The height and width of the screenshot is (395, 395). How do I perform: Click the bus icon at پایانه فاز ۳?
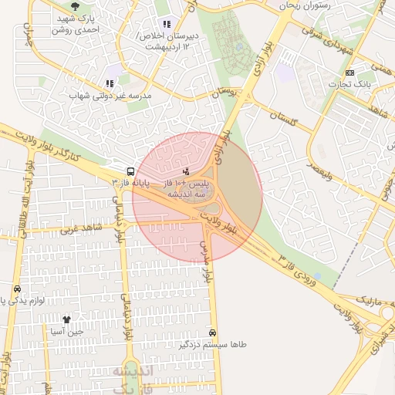[x=130, y=170]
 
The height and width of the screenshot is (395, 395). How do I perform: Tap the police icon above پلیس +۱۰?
[x=185, y=170]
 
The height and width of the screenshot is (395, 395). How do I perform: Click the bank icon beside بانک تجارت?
[x=351, y=72]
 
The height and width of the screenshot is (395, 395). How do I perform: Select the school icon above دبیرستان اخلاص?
[x=167, y=24]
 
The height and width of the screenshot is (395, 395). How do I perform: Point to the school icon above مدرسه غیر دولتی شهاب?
[x=109, y=83]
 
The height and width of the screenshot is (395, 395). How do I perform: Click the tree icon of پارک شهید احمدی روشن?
[x=75, y=6]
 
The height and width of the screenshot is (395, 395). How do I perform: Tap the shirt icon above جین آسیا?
[x=66, y=319]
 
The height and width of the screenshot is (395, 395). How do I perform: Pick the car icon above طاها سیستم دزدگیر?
[x=213, y=333]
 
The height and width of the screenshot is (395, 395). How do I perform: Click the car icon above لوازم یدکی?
[x=17, y=288]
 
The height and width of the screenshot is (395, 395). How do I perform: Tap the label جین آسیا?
[x=66, y=332]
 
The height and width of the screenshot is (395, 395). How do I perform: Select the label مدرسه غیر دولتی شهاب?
[x=111, y=96]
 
